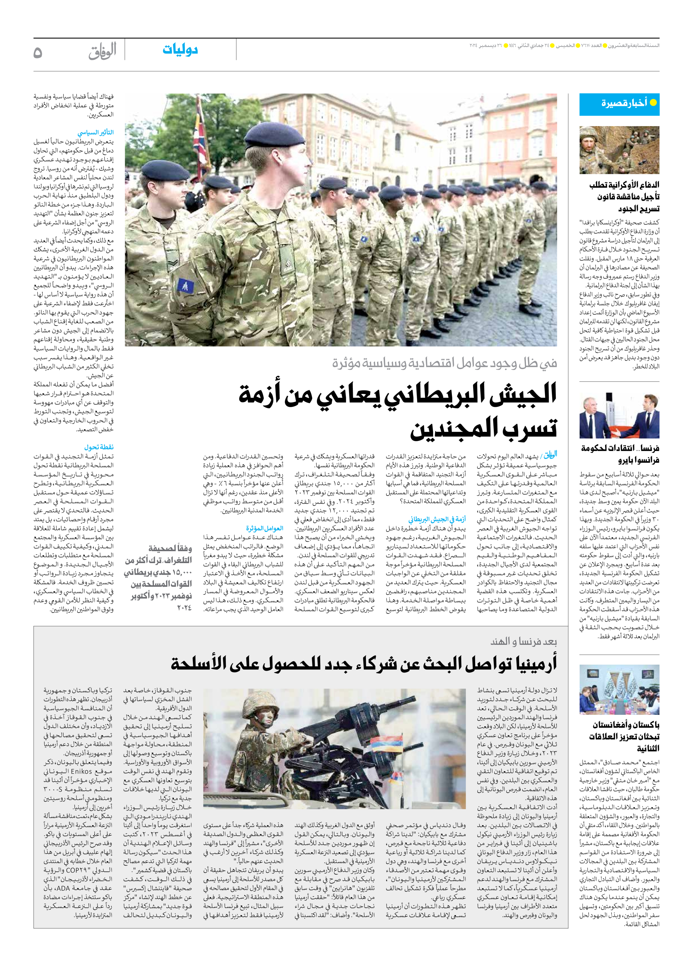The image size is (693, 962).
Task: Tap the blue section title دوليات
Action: pos(180,50)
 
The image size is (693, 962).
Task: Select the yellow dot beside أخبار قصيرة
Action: pos(653,102)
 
